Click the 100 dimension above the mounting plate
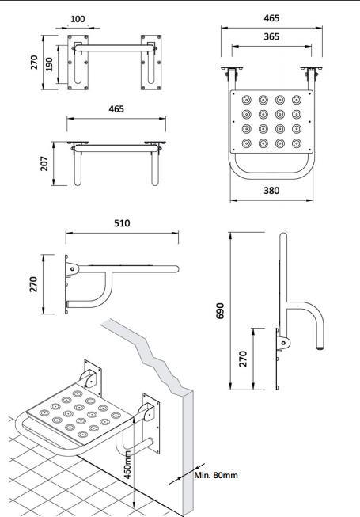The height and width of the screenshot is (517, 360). (x=78, y=19)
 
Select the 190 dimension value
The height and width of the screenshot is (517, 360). (x=49, y=64)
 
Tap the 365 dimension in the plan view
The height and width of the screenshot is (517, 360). (x=271, y=36)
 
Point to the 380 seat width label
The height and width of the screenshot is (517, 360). (x=271, y=191)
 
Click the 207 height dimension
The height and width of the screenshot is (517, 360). (x=44, y=164)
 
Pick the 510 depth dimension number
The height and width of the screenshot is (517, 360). (x=122, y=223)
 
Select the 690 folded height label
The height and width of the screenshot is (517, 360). (x=220, y=310)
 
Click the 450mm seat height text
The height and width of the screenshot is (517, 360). (x=127, y=465)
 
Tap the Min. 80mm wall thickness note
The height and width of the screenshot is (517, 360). (x=216, y=475)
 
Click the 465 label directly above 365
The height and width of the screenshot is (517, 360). (x=271, y=18)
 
